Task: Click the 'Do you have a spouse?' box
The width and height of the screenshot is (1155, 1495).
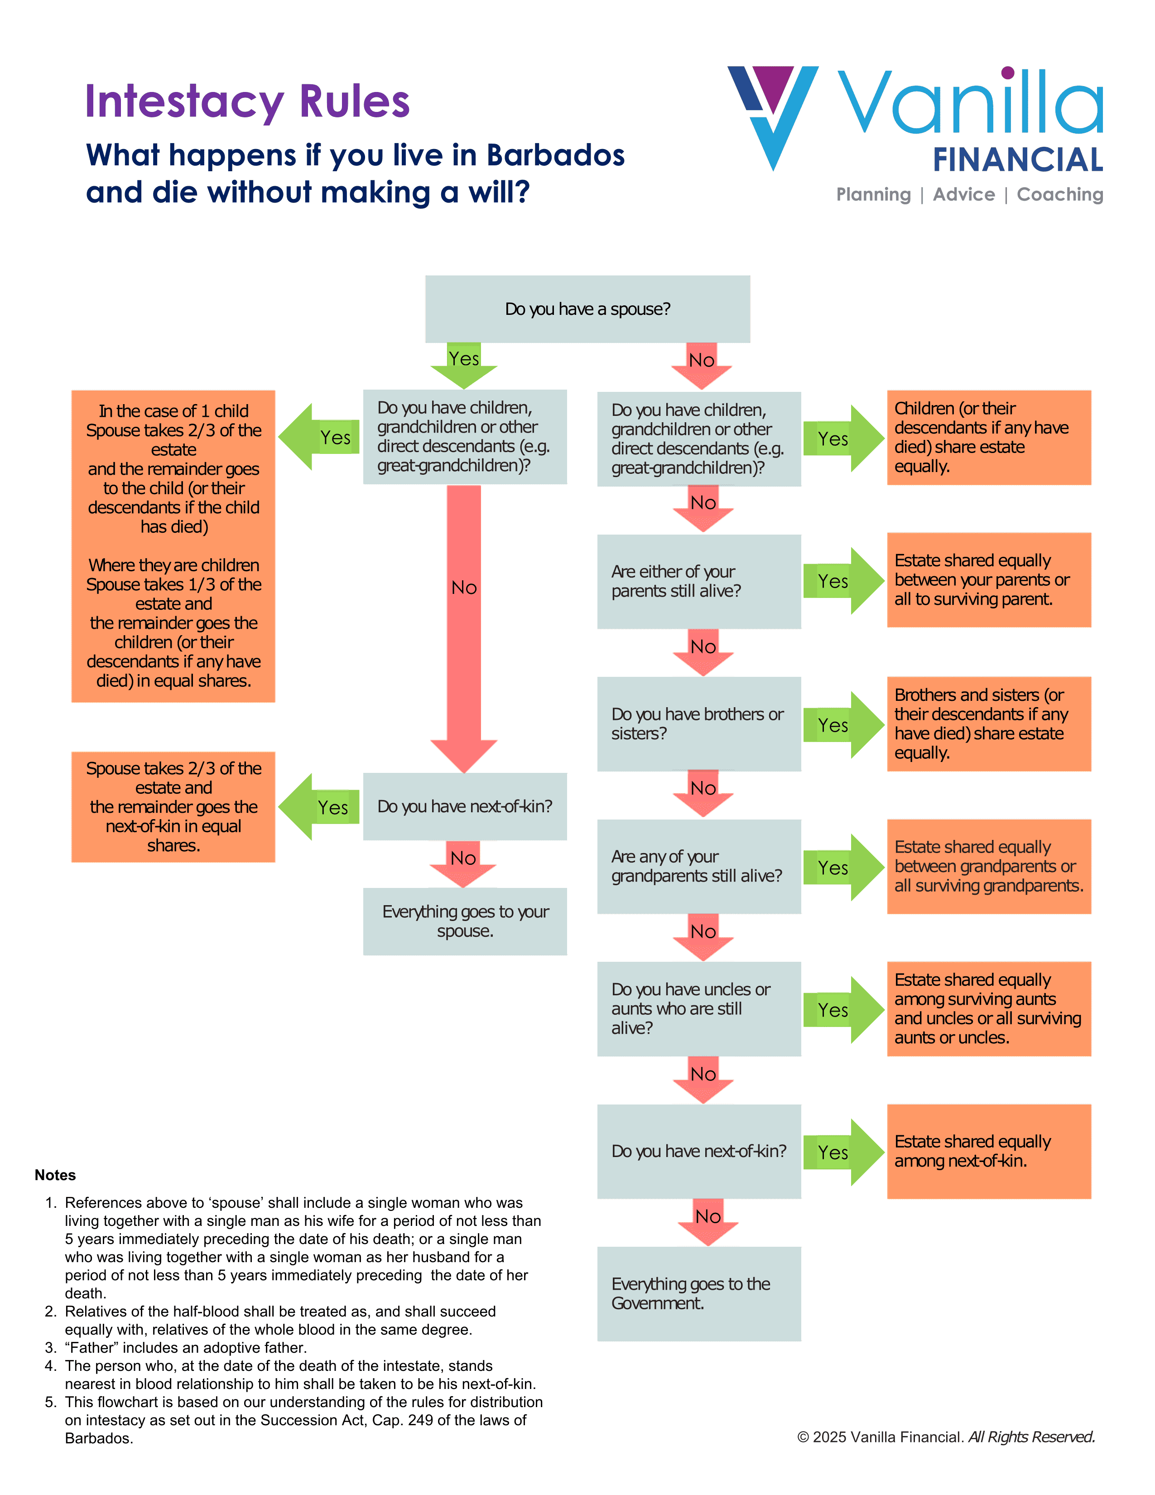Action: pyautogui.click(x=587, y=309)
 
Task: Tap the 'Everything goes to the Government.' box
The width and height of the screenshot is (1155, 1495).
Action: pyautogui.click(x=698, y=1293)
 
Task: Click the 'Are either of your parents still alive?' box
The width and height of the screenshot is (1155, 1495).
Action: pyautogui.click(x=698, y=581)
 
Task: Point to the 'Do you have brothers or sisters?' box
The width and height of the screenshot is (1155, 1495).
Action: pyautogui.click(x=698, y=723)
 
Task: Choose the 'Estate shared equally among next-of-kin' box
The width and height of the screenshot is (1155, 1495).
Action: pyautogui.click(x=989, y=1151)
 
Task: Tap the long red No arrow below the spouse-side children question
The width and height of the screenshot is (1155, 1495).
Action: pyautogui.click(x=464, y=629)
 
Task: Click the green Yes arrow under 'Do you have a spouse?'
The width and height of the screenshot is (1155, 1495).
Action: pyautogui.click(x=464, y=366)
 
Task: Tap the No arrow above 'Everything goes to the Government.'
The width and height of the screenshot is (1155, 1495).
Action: pyautogui.click(x=707, y=1222)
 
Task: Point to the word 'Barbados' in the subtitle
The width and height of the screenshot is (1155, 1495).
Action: pyautogui.click(x=556, y=155)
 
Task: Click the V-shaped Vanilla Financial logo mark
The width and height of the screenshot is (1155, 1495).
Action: pyautogui.click(x=773, y=116)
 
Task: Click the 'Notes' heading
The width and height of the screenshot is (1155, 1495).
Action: pyautogui.click(x=55, y=1175)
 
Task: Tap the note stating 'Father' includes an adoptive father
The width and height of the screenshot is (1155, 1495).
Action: pyautogui.click(x=185, y=1347)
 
